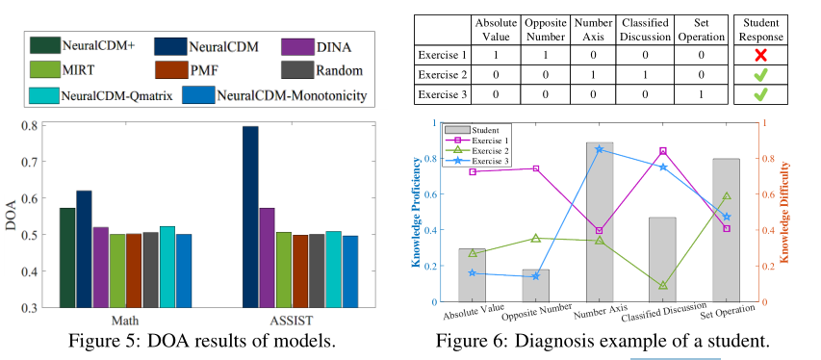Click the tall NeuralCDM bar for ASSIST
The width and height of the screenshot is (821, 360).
[250, 217]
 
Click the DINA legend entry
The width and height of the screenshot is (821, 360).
[317, 45]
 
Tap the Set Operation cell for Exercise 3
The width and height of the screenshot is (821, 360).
[703, 95]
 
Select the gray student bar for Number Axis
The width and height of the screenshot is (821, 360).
[600, 222]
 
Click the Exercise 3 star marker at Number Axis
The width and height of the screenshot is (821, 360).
[600, 149]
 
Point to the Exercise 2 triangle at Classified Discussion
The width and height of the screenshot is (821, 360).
[662, 286]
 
